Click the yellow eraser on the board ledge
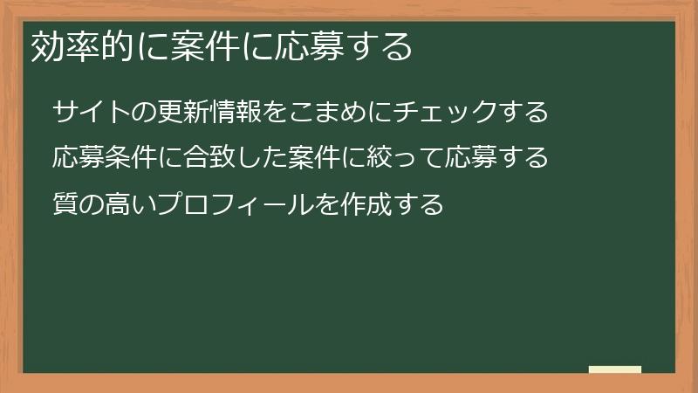(615, 370)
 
